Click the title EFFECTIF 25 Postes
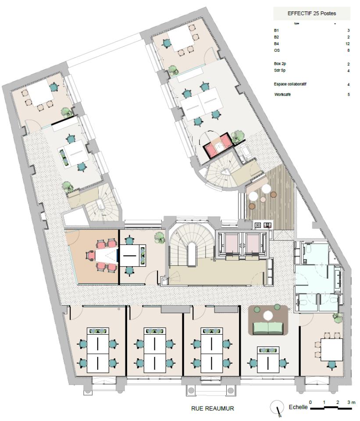tap(312, 13)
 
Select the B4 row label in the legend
tap(276, 44)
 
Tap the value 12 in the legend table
tap(348, 44)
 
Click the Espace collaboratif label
tap(287, 84)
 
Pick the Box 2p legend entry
tap(279, 64)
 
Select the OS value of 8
tap(349, 51)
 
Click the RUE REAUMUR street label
tap(212, 408)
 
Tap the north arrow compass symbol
tap(277, 407)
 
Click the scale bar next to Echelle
tap(331, 408)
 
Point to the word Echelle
tap(298, 408)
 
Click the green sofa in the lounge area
tap(268, 327)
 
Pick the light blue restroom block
tap(317, 276)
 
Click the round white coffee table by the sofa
tap(268, 314)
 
